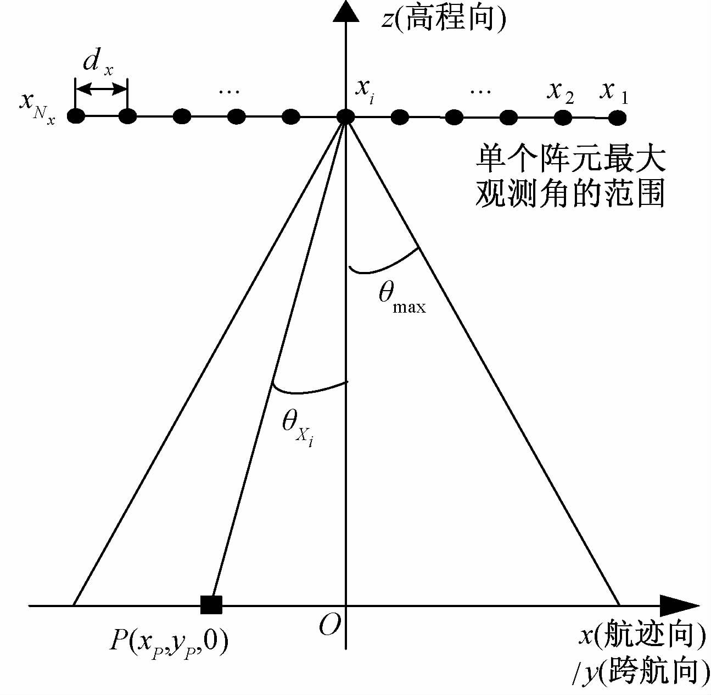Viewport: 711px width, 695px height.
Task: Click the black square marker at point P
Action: (x=211, y=604)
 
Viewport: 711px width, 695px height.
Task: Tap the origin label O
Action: (x=330, y=625)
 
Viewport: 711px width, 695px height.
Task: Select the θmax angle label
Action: (x=401, y=298)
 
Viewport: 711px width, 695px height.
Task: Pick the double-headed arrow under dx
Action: (x=102, y=88)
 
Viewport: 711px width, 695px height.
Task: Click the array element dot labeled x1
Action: (x=617, y=117)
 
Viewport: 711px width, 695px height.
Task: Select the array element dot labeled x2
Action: (x=563, y=117)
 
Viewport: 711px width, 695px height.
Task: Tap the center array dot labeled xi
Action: (x=345, y=116)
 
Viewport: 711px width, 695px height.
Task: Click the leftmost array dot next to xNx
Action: (x=76, y=116)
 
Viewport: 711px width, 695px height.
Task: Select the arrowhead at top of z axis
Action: (x=345, y=11)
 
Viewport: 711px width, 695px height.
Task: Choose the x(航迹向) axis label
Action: (x=643, y=637)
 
